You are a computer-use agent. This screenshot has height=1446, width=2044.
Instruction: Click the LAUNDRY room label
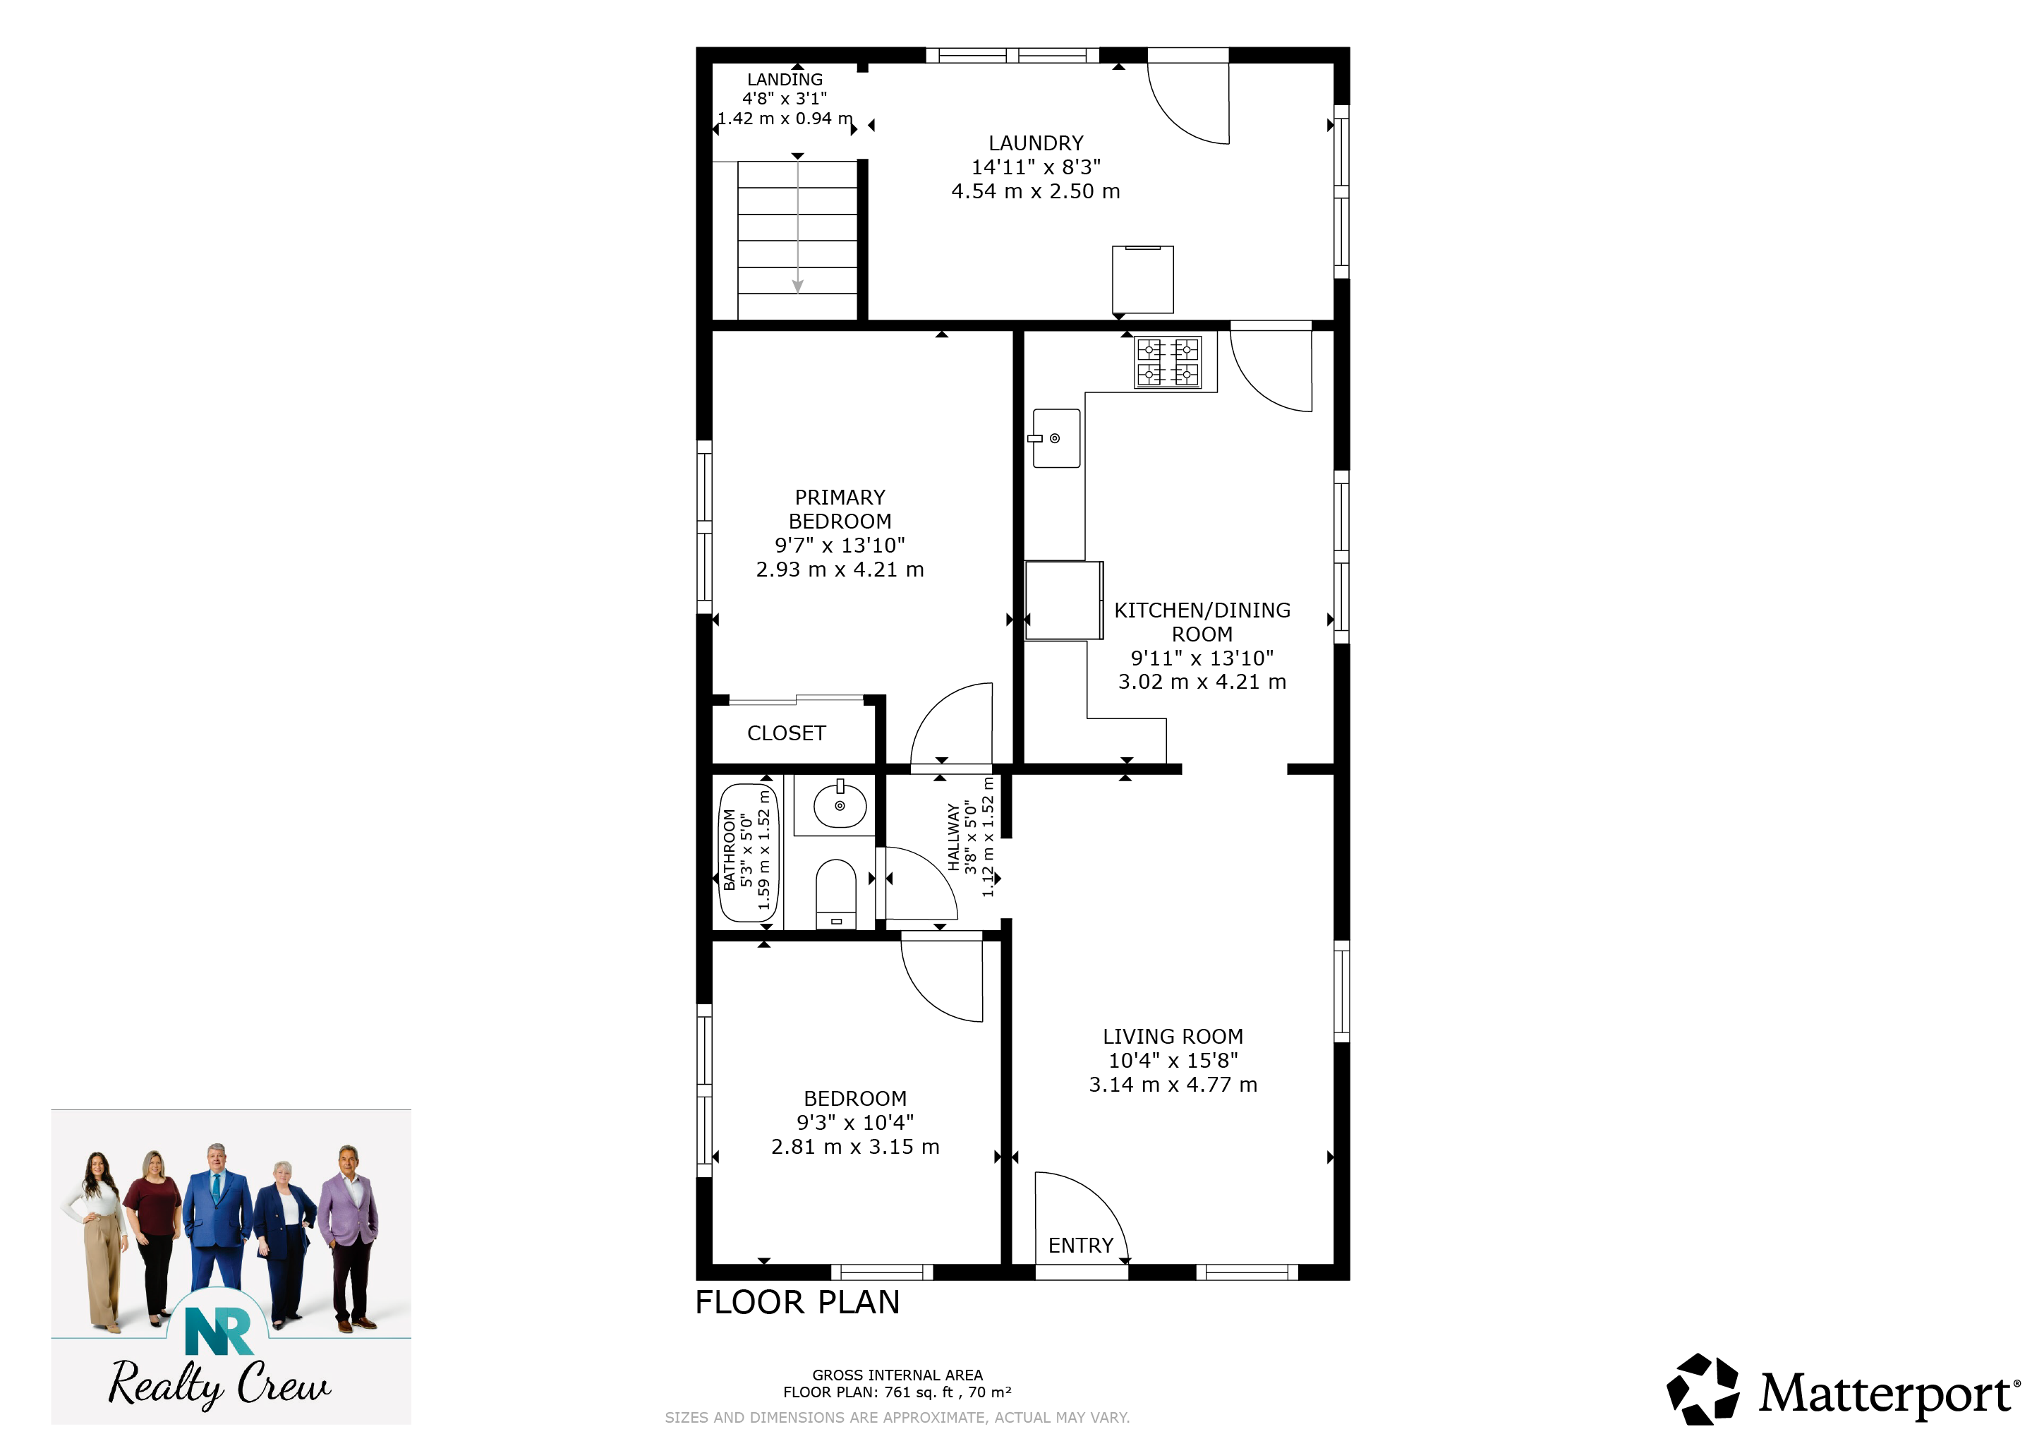pyautogui.click(x=1036, y=143)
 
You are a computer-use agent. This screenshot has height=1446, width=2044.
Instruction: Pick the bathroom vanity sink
pyautogui.click(x=840, y=803)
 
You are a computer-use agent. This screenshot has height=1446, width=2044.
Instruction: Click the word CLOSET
pyautogui.click(x=786, y=734)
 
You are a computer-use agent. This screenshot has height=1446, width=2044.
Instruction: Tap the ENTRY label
pyautogui.click(x=1081, y=1246)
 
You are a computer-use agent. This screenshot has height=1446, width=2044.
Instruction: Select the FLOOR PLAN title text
pyautogui.click(x=798, y=1303)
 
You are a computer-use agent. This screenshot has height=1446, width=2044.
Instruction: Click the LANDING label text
pyautogui.click(x=785, y=79)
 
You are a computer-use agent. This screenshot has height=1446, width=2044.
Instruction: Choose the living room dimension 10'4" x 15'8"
pyautogui.click(x=1173, y=1061)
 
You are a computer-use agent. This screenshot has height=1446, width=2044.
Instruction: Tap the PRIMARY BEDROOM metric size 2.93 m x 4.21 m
pyautogui.click(x=840, y=570)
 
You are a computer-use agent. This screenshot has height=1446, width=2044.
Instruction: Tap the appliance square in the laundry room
pyautogui.click(x=1143, y=279)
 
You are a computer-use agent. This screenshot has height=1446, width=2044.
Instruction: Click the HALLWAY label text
pyautogui.click(x=953, y=837)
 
